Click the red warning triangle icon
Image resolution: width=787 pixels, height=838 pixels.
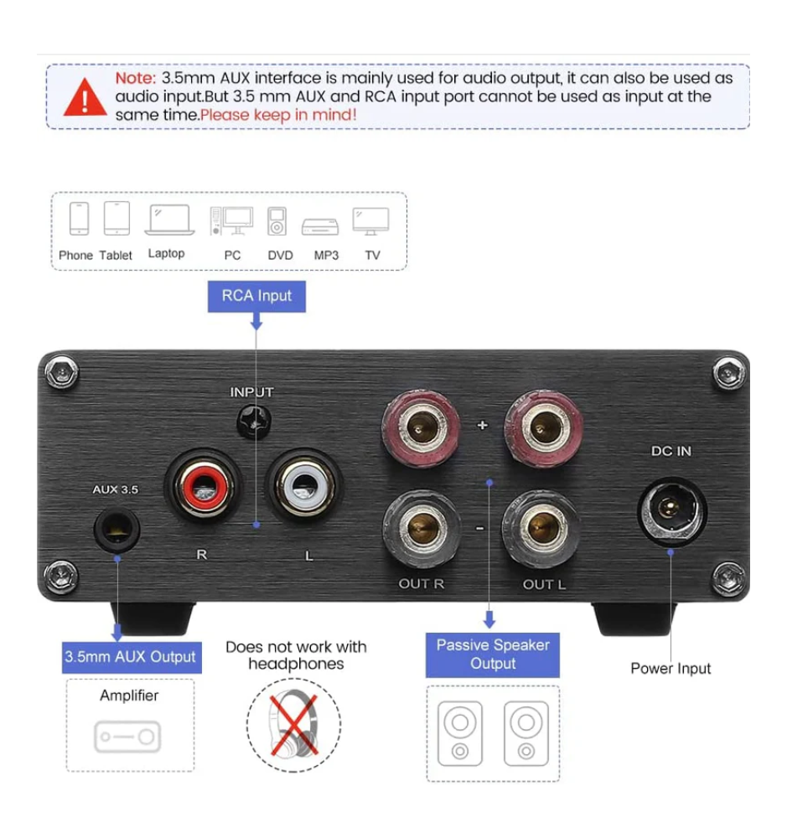point(85,97)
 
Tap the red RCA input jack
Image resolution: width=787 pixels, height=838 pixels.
point(203,486)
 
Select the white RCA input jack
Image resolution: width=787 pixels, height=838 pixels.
point(303,486)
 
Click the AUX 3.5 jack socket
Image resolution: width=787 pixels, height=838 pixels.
point(116,529)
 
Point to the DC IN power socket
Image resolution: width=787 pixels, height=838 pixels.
point(672,511)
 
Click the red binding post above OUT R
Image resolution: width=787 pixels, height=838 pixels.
point(421,428)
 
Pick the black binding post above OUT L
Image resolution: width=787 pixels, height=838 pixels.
point(541,528)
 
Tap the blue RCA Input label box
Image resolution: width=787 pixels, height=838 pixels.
point(256,296)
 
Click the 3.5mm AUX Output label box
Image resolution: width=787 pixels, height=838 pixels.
point(132,657)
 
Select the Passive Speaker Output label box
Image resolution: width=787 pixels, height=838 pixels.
point(493,654)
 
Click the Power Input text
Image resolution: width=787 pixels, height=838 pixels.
point(671,669)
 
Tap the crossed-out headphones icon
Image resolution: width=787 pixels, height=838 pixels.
point(293,725)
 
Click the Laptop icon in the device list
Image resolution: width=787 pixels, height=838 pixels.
point(169,220)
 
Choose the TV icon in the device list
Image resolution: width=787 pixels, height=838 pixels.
point(371,221)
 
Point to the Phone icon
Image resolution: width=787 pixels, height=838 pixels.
point(79,219)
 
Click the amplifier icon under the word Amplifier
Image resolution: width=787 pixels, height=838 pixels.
point(127,737)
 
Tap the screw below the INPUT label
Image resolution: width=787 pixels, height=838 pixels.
point(253,422)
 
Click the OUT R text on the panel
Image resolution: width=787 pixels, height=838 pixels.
point(422,583)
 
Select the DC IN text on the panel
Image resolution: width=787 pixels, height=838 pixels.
point(671,451)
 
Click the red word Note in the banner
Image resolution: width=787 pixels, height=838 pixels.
point(136,78)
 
